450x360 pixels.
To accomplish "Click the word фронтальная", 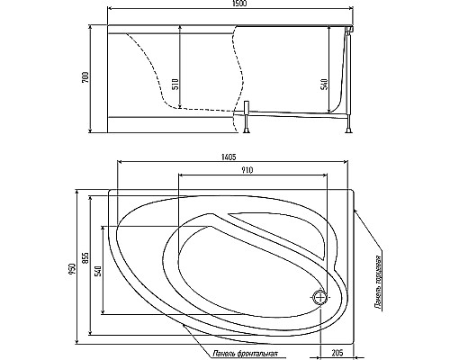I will pos(256,353).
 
